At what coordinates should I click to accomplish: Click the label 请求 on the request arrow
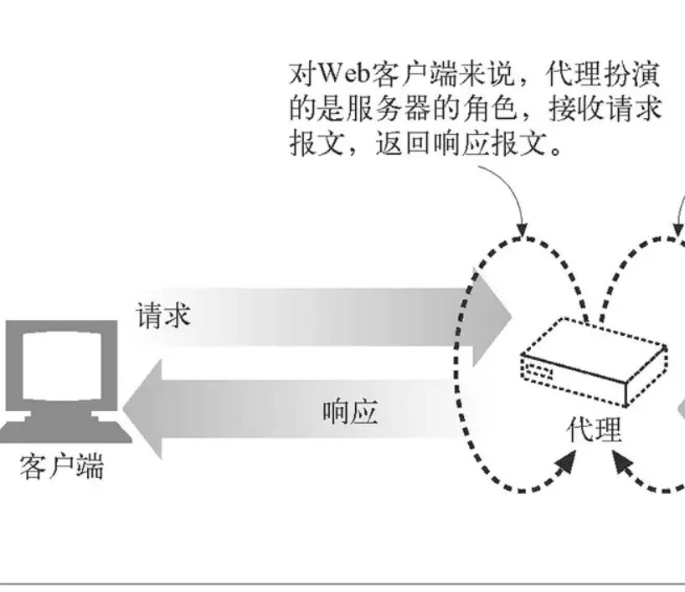(164, 316)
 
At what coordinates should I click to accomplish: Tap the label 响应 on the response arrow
(350, 412)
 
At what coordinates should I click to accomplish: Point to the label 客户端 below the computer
(62, 466)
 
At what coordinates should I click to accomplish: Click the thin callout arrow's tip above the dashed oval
(524, 231)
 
